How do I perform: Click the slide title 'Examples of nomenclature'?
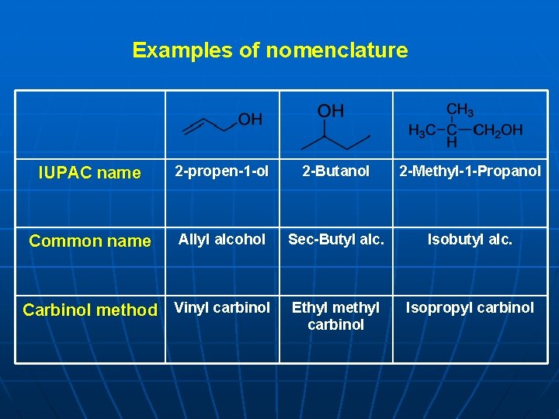pos(269,50)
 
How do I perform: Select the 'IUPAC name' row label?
pos(89,173)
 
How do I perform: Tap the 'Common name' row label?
pos(90,241)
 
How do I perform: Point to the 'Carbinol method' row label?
pos(90,310)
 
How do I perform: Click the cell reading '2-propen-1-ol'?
pos(221,171)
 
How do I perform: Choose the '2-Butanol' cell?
pos(336,171)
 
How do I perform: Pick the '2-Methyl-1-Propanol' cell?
pos(470,171)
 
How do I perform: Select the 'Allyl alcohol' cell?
pos(221,239)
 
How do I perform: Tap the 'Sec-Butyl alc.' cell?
pos(336,239)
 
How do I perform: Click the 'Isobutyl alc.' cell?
pos(470,239)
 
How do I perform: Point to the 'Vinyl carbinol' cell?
pos(221,307)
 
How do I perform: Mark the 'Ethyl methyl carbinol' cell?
pos(336,316)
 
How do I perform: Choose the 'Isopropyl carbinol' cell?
pos(470,307)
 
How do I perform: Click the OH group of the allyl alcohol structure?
pos(250,119)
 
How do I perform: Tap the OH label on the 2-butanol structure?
pos(331,111)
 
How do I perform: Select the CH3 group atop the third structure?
pos(460,111)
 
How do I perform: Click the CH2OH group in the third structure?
pos(498,130)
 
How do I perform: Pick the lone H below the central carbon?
pos(452,144)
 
